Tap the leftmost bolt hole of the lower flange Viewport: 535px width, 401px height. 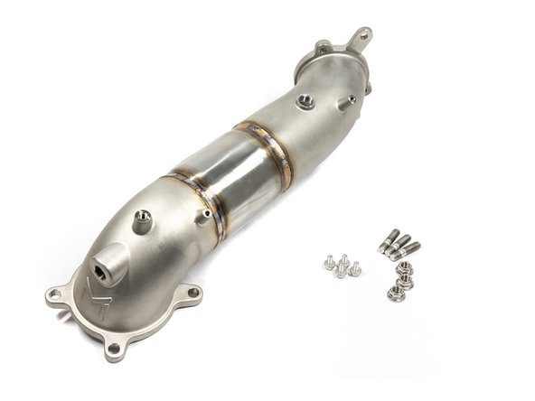[x=56, y=294]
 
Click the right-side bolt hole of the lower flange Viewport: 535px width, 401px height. [x=192, y=291]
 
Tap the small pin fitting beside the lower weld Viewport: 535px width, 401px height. [x=208, y=214]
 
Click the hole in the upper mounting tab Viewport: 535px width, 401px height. [x=362, y=35]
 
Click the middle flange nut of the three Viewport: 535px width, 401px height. [x=404, y=281]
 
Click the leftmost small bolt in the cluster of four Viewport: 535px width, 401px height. [x=329, y=265]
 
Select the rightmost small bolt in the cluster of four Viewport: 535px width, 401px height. [x=355, y=268]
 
